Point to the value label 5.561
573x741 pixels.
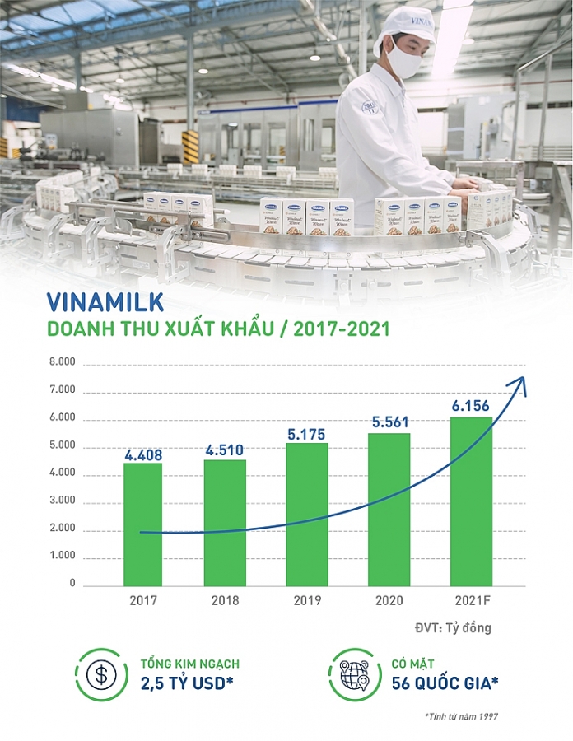click(388, 422)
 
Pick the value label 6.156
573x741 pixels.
click(470, 406)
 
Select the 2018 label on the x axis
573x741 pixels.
click(224, 600)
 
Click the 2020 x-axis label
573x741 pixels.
click(388, 600)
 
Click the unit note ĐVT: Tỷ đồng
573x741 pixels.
click(453, 628)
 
